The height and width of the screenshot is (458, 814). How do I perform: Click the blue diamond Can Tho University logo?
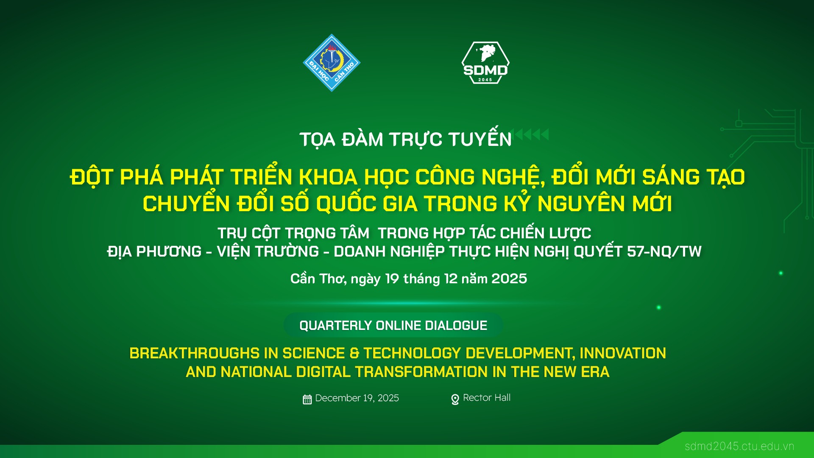(x=332, y=63)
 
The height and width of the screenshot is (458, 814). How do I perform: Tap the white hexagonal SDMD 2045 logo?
(x=485, y=63)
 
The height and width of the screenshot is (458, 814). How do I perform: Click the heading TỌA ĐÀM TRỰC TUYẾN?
(x=406, y=139)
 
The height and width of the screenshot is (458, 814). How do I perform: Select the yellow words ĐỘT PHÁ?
(x=117, y=176)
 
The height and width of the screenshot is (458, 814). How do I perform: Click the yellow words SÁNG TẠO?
(x=694, y=176)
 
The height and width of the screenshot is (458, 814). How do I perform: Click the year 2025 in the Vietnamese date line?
(x=509, y=279)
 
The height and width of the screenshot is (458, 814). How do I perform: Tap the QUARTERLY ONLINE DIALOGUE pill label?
(x=393, y=325)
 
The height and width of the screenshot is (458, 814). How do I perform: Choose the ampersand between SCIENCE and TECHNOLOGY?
(x=354, y=353)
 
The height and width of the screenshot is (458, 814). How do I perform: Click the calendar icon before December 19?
(x=307, y=399)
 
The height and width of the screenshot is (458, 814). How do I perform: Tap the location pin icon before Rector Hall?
(x=455, y=399)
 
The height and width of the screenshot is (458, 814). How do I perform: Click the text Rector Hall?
(x=487, y=398)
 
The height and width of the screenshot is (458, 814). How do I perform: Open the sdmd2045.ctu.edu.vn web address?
(x=739, y=446)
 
